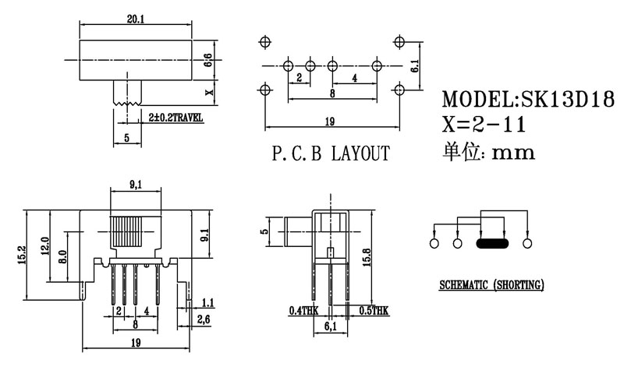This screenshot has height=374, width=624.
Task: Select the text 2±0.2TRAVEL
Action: pos(175,118)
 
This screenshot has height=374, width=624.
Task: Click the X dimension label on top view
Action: pos(207,91)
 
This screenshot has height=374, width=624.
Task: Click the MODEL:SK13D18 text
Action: pos(528,100)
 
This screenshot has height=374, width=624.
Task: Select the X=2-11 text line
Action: pos(484,125)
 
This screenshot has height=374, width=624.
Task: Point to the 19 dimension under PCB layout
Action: pos(330,121)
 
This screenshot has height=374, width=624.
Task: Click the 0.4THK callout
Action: pos(303,310)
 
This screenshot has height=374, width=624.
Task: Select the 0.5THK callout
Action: pos(373,310)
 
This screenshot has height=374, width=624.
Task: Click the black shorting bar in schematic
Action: pos(492,244)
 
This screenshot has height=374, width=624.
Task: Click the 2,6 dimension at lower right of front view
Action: pos(204,319)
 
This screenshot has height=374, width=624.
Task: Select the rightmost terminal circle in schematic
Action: pos(528,244)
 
